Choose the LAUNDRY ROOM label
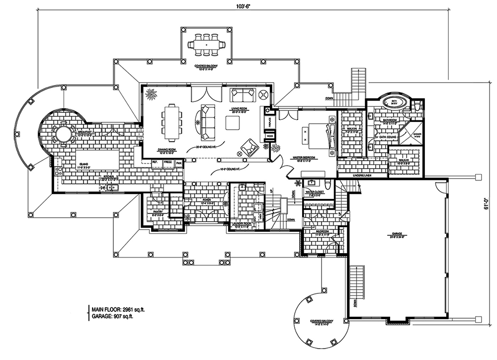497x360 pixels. click(244, 224)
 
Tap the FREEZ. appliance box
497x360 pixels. click(167, 162)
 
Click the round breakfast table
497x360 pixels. click(63, 134)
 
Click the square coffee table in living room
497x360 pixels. click(233, 122)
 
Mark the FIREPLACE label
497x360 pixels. click(267, 122)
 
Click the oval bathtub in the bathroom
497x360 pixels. click(395, 103)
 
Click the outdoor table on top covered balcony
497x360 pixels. click(205, 44)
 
